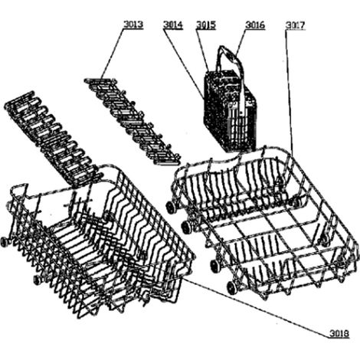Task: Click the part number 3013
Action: pos(133,25)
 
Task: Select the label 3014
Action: pos(173,25)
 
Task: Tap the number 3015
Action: pos(206,25)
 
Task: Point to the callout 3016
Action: pos(255,25)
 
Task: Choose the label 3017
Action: pos(295,25)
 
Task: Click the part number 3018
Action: pos(339,333)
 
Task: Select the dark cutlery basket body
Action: pos(230,113)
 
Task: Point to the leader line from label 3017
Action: pos(290,93)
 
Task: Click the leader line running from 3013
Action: pos(112,54)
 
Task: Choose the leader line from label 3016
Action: pos(241,42)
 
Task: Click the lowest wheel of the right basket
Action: pos(232,288)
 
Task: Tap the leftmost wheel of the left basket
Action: pos(5,242)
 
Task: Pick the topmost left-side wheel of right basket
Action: pos(170,207)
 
